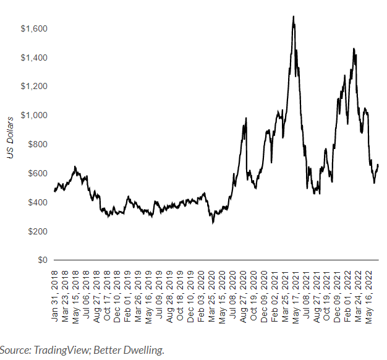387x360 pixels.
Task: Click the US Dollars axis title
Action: click(x=10, y=137)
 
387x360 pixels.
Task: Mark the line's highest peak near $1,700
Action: click(x=293, y=17)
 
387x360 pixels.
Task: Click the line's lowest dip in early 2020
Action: click(x=213, y=222)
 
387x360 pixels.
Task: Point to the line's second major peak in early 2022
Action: click(x=354, y=49)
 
